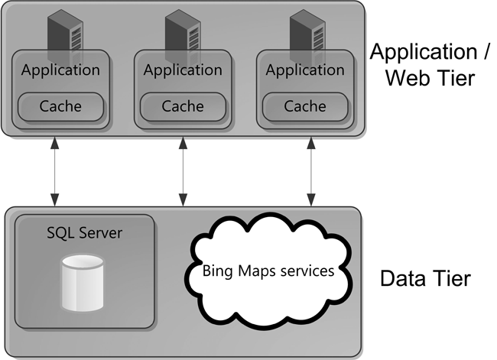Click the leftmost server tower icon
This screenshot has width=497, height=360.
point(63,34)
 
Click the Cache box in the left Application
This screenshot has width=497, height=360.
point(60,106)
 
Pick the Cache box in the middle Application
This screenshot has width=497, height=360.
point(183,106)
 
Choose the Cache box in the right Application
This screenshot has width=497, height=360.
point(304,106)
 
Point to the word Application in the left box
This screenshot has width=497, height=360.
point(60,70)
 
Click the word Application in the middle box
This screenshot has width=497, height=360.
point(183,70)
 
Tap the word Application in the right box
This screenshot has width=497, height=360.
point(305,70)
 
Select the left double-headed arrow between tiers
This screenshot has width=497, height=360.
point(54,172)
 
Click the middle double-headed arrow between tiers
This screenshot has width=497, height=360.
point(182,172)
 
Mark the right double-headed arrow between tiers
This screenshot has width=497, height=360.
point(311,172)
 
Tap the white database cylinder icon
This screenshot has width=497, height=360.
point(82,282)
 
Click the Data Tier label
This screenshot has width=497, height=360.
point(425,277)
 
